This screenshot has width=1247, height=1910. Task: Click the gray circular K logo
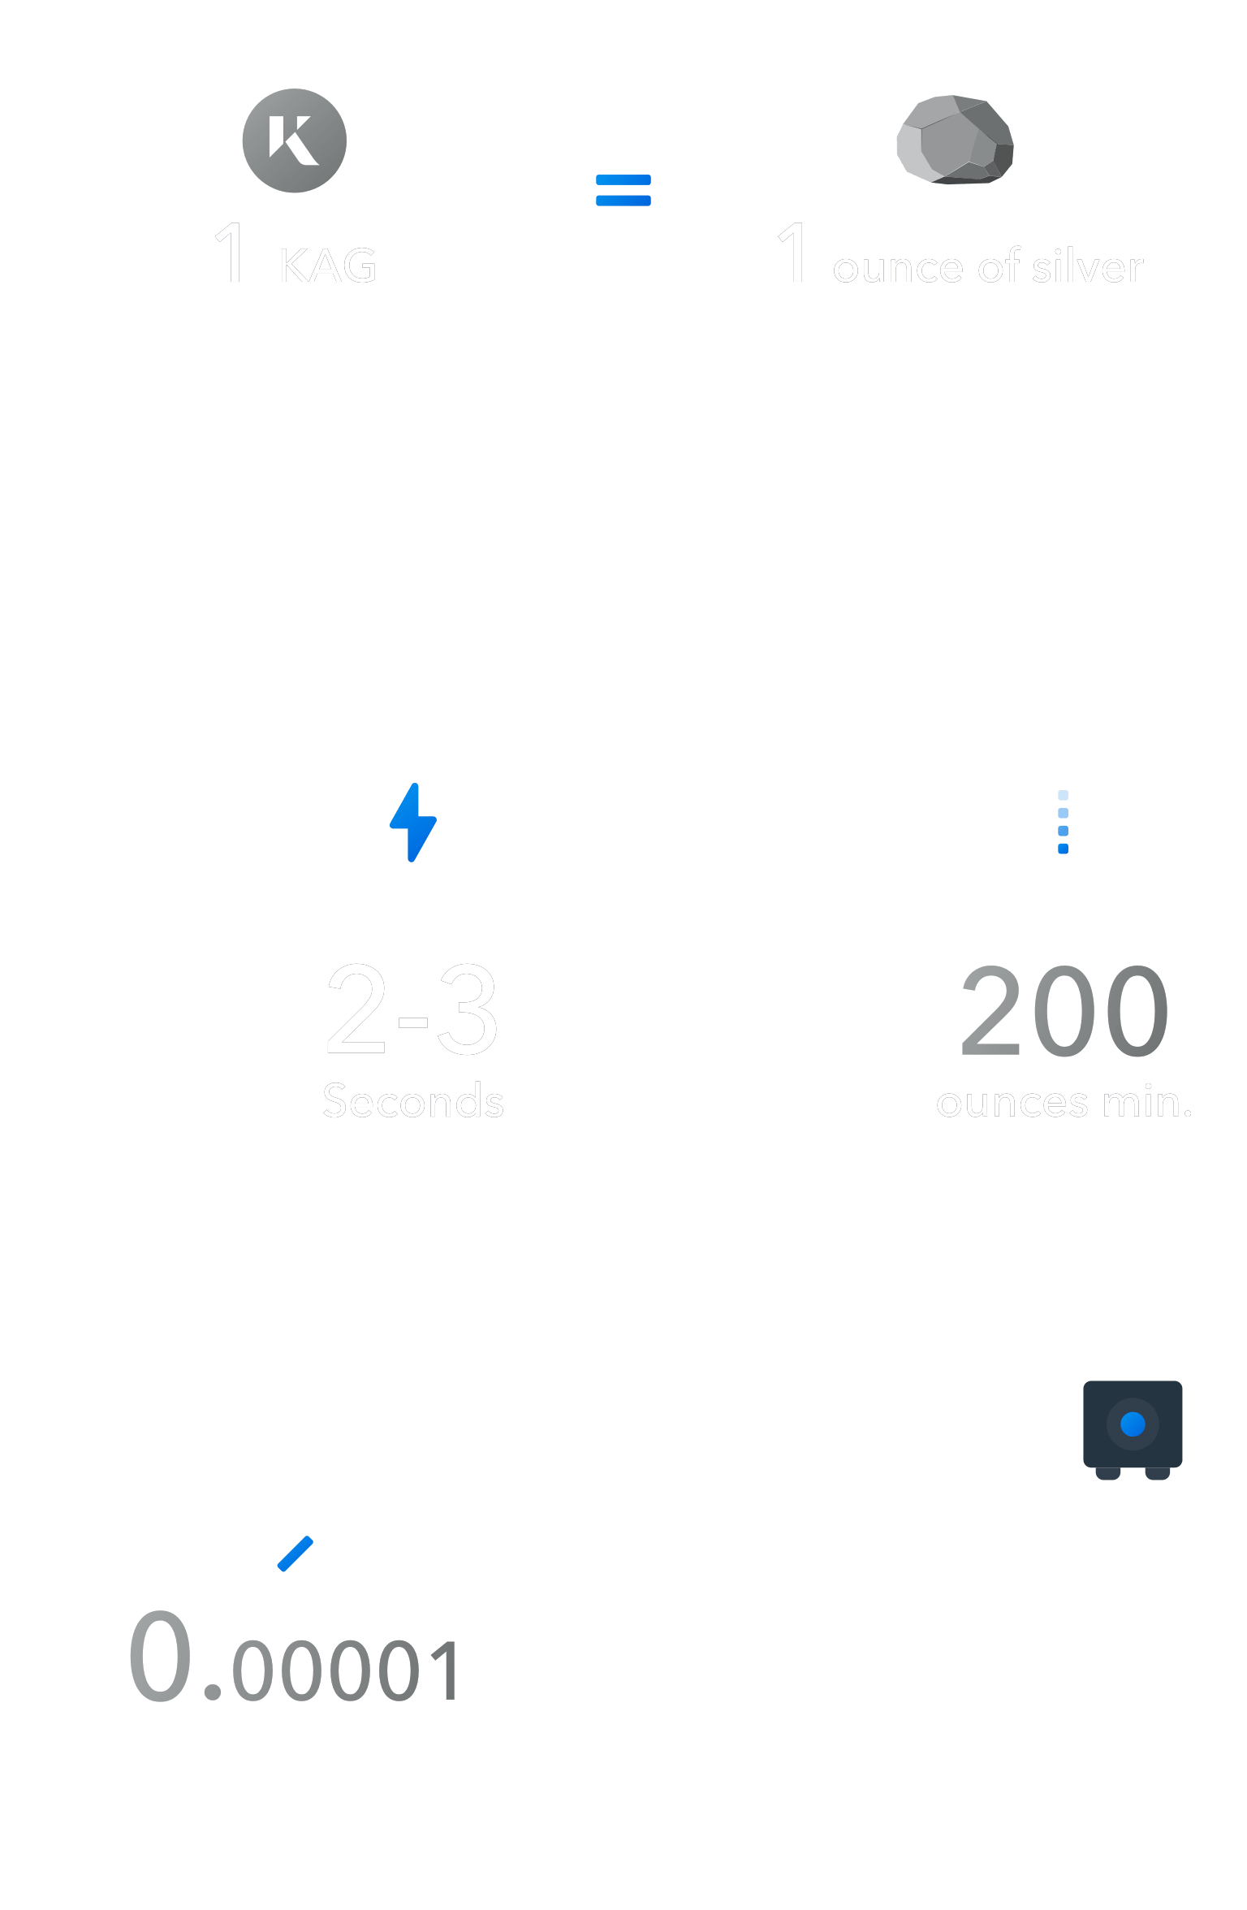pos(294,140)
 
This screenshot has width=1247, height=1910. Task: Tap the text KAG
pos(329,266)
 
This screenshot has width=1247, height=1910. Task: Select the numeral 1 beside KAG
pos(231,253)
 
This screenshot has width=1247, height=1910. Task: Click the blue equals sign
pos(623,190)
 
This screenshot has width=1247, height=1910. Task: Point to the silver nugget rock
pos(956,140)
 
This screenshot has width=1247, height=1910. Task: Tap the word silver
pos(1087,266)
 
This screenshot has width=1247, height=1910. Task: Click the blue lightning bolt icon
pos(413,822)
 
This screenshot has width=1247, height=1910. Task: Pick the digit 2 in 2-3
pos(356,1009)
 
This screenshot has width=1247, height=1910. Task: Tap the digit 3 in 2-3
pos(467,1009)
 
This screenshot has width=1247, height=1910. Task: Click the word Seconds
pos(413,1101)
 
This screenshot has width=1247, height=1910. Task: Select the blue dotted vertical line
pos(1063,822)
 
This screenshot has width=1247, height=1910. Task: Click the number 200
pos(1064,1010)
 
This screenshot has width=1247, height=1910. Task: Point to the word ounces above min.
pos(1012,1103)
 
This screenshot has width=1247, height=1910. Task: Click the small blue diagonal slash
pos(295,1553)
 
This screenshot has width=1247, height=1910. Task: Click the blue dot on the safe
pos(1133,1424)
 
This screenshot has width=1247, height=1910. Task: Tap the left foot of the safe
pos(1108,1473)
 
